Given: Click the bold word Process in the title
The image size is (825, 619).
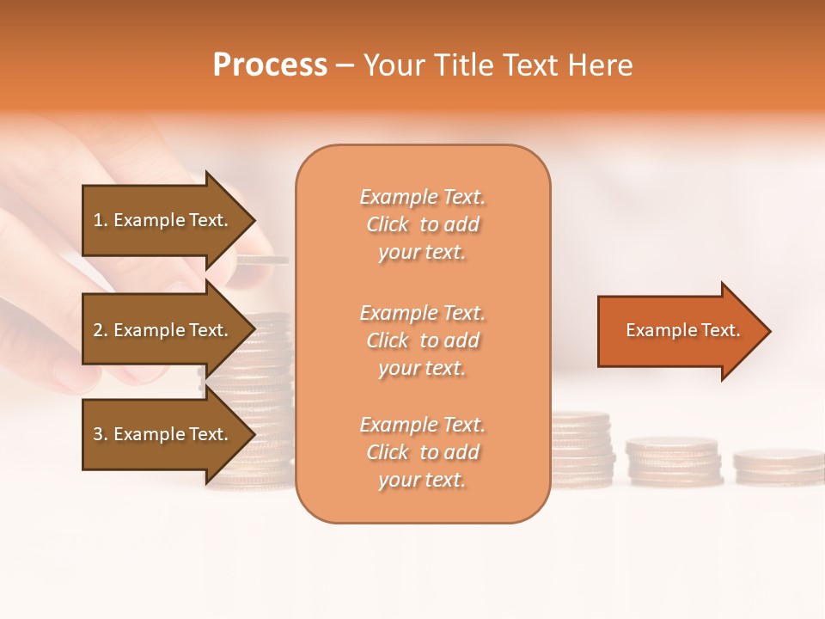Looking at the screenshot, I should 270,65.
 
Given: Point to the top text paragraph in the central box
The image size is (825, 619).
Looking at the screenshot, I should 422,224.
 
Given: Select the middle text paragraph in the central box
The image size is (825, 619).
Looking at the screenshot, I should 422,340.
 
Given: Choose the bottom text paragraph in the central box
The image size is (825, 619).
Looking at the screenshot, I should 422,452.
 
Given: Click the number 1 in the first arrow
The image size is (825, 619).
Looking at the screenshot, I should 97,220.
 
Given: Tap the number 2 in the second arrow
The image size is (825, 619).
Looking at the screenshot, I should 97,330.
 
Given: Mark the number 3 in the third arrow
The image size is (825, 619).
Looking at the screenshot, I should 97,434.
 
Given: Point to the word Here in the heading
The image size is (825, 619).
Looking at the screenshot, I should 602,65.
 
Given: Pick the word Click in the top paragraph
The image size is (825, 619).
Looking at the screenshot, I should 388,224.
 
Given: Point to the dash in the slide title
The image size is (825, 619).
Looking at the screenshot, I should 345,66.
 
